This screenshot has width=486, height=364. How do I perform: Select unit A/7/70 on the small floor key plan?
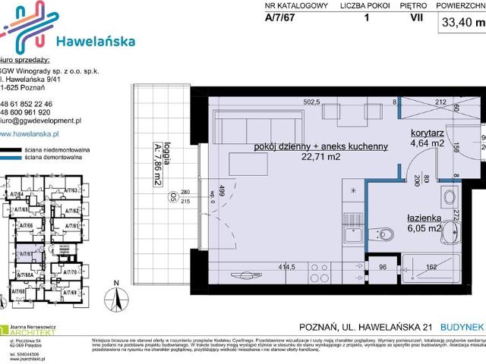click(73, 271)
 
